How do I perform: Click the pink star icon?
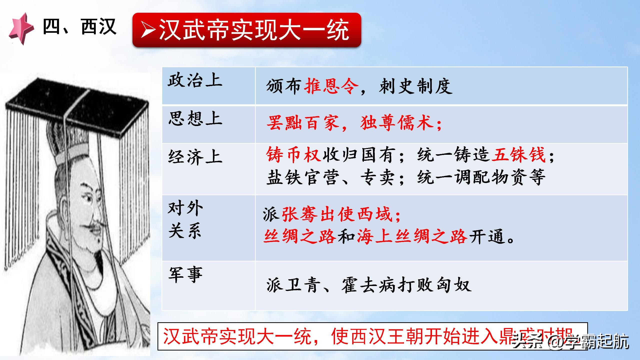click(21, 29)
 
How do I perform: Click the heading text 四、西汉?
click(79, 27)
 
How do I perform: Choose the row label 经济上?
click(195, 157)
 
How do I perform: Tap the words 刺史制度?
click(415, 86)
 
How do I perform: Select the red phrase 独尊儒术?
click(397, 123)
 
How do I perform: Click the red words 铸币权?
click(293, 154)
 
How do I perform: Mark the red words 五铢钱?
click(518, 154)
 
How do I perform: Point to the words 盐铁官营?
click(302, 177)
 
